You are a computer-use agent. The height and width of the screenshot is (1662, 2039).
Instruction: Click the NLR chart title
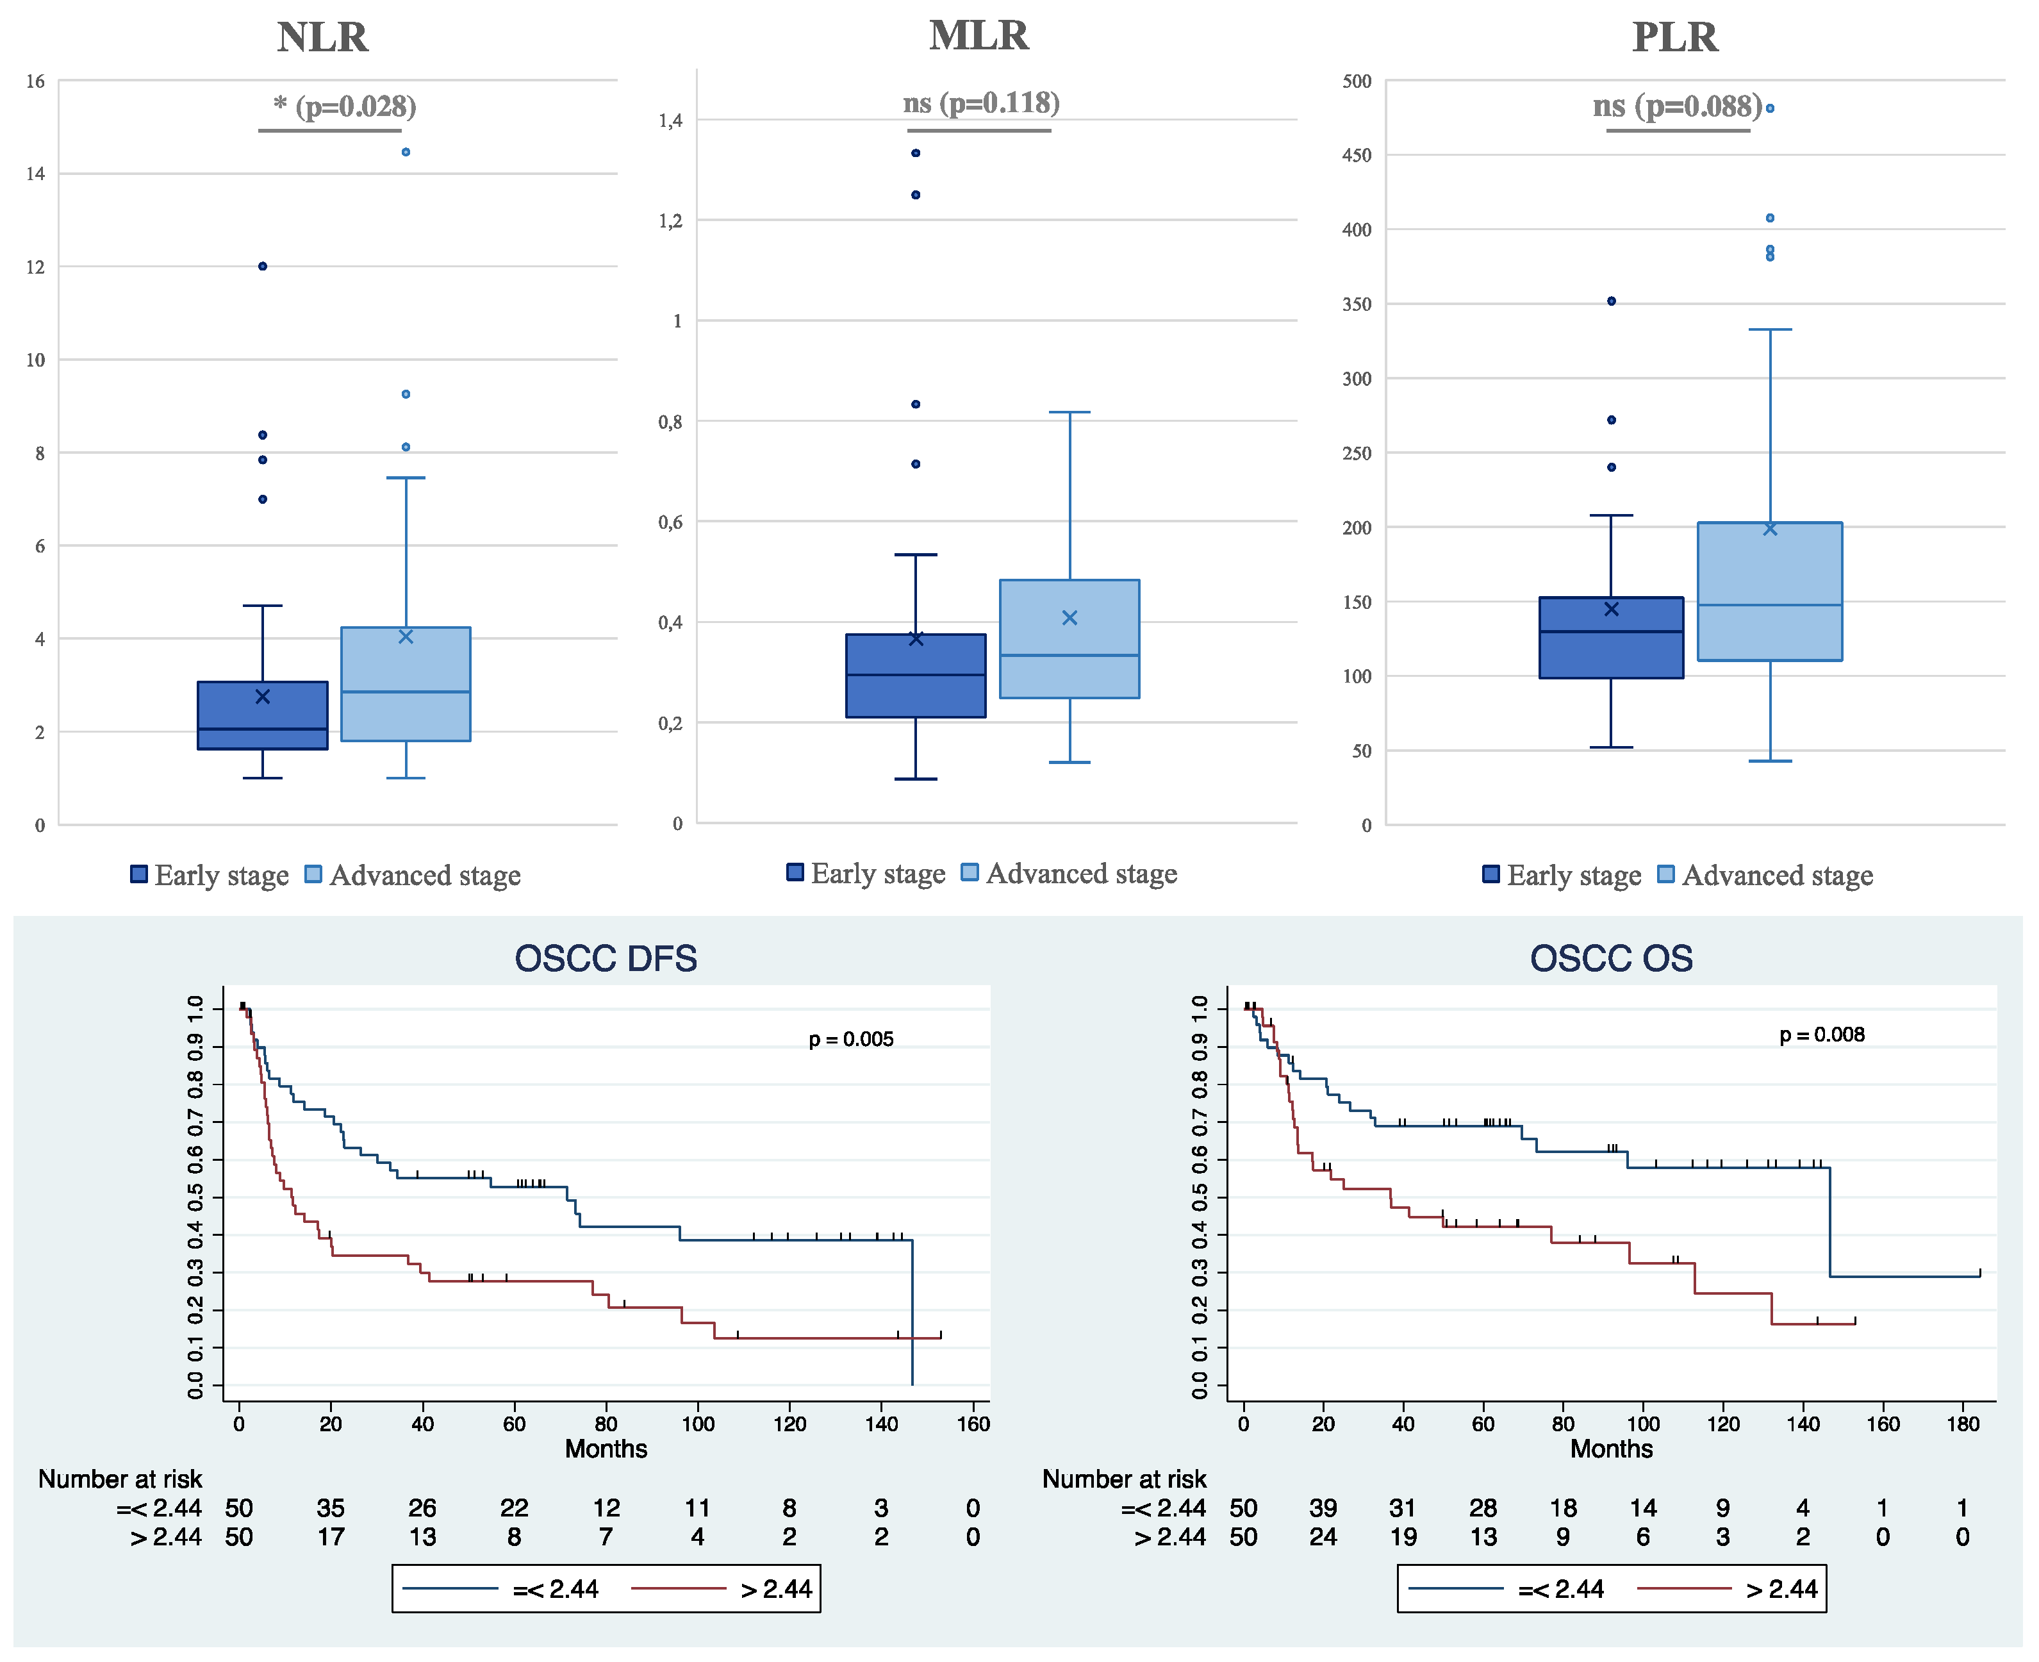click(322, 37)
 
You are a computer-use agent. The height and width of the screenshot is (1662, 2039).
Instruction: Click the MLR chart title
click(978, 35)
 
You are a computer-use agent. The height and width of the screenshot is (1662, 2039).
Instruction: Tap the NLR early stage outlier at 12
click(262, 266)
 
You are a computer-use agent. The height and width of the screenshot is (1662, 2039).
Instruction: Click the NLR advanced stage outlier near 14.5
click(406, 152)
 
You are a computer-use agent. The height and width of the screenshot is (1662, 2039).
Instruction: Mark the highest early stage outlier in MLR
click(915, 153)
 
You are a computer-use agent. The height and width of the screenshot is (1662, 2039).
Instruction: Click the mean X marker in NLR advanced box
click(406, 636)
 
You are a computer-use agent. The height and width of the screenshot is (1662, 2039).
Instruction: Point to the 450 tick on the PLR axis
click(1357, 155)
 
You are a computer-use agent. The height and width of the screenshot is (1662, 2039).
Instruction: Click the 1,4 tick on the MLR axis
click(670, 120)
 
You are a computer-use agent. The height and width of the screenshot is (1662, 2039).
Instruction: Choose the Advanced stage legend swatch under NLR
click(313, 874)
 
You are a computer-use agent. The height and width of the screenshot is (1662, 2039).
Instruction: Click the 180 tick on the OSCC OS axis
click(1962, 1424)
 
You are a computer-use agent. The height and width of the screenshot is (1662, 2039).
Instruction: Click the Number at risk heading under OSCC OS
click(1124, 1479)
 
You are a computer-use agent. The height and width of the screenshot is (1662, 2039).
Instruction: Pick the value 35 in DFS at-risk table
click(330, 1509)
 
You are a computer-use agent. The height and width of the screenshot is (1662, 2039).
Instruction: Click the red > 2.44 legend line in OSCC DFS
click(679, 1589)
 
